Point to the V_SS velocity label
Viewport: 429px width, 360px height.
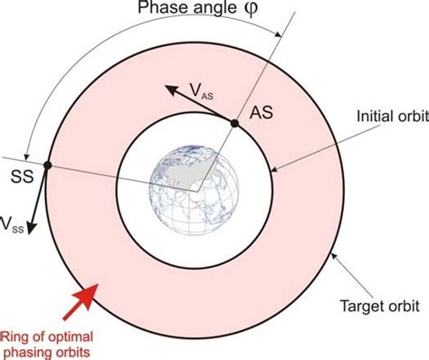[12, 222]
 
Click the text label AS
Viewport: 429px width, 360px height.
[260, 116]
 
